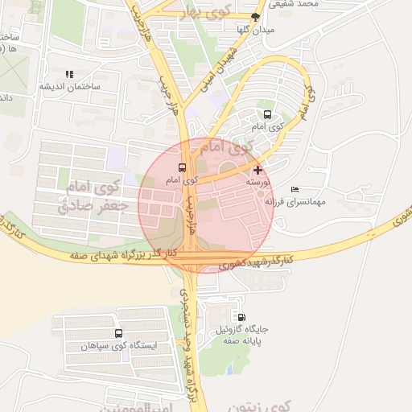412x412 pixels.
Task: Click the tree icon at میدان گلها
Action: pyautogui.click(x=255, y=17)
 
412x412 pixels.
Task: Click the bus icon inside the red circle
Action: pyautogui.click(x=181, y=168)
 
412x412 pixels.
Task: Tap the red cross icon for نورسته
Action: pyautogui.click(x=257, y=170)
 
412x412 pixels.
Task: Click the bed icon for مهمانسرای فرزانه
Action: pyautogui.click(x=294, y=189)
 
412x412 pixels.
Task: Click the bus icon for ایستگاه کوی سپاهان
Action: pyautogui.click(x=119, y=333)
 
